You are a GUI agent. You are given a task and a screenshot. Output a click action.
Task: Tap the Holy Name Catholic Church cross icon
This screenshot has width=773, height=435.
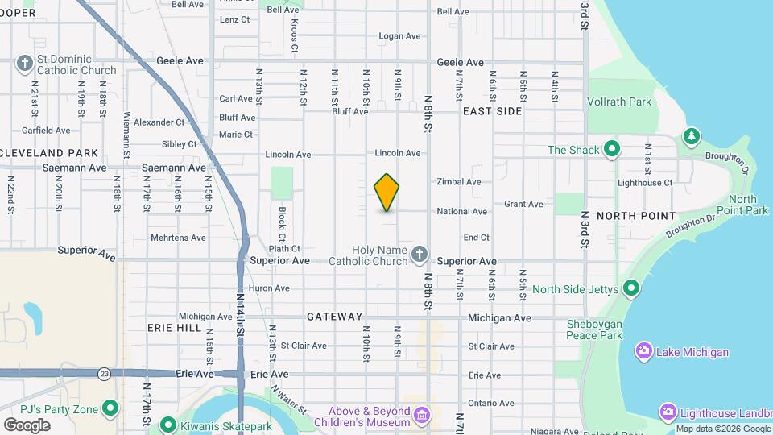click(419, 255)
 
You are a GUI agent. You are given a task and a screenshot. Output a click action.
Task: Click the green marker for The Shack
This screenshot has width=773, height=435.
click(612, 149)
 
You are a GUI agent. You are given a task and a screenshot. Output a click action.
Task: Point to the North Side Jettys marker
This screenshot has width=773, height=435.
click(631, 288)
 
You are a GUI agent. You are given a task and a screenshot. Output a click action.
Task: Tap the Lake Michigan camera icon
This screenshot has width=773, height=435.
click(643, 351)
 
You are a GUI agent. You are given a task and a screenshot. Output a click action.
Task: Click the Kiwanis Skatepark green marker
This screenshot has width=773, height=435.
click(168, 424)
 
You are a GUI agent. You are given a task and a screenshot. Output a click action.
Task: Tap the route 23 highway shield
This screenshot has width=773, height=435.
click(105, 374)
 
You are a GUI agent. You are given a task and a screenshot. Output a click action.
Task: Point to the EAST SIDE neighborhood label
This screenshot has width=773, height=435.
click(492, 111)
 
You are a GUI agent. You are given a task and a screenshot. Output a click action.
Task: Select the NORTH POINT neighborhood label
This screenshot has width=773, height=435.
click(636, 216)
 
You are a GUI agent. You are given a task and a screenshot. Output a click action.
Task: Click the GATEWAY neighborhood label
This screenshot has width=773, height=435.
click(334, 317)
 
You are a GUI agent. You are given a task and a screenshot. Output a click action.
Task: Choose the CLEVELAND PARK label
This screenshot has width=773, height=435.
click(49, 152)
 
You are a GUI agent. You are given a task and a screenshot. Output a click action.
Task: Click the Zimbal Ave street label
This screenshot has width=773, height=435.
click(458, 182)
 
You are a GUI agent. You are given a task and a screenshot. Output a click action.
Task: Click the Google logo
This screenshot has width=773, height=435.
click(27, 425)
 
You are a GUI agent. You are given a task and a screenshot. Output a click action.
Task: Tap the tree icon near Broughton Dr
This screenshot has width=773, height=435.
click(691, 136)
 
